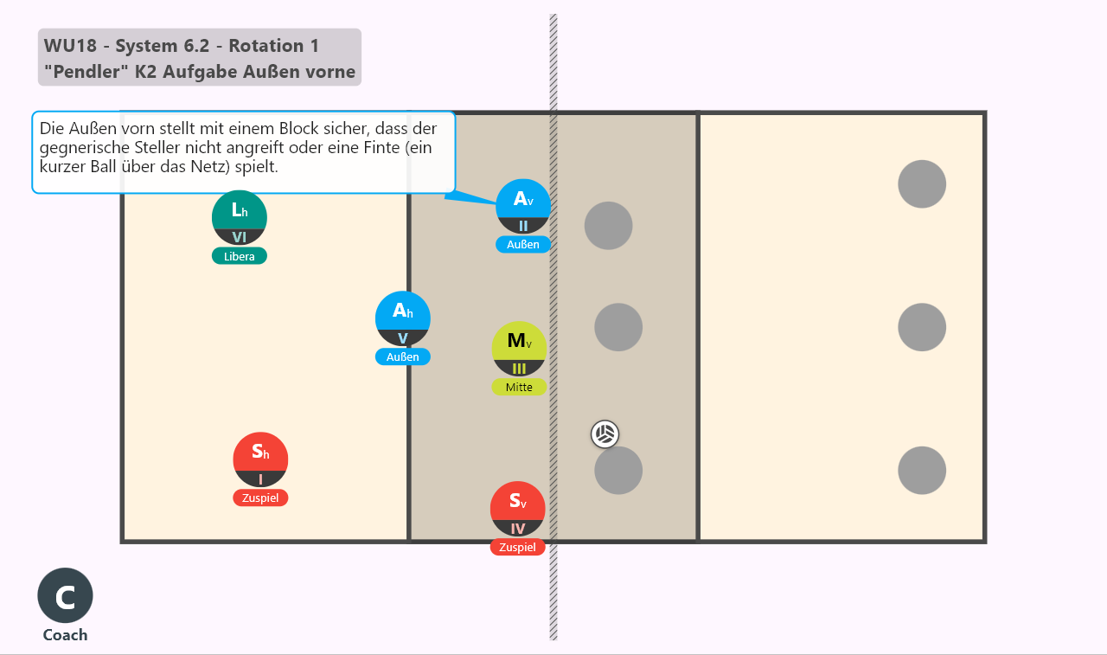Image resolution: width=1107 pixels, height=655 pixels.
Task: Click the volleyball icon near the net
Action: pos(605,434)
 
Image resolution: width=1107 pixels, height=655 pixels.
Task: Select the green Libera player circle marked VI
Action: pos(240,217)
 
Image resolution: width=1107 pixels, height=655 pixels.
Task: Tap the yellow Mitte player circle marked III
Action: pos(519,349)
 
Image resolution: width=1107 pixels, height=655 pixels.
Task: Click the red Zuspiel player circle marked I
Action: pos(260,459)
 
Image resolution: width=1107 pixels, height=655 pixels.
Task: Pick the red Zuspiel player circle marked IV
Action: pos(517,509)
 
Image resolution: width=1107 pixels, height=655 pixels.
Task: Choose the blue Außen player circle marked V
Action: pos(403,319)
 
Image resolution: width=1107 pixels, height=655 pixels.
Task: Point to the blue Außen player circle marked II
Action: pos(523,206)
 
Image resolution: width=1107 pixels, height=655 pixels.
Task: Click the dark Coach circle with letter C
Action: pos(65,595)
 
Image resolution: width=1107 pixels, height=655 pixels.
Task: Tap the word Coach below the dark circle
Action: pos(65,635)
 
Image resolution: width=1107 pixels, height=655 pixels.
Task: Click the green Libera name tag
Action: pos(240,256)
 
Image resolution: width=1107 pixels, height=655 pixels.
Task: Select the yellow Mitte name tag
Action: pos(519,387)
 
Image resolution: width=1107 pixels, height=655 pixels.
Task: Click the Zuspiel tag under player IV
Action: pos(517,547)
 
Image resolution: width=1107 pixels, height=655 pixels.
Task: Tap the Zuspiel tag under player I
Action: pos(260,498)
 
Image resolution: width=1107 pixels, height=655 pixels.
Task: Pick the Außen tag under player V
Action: pos(403,356)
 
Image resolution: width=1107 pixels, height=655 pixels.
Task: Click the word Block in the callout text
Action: pos(298,129)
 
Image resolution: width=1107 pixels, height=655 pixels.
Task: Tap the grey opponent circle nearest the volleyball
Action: pos(618,470)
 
